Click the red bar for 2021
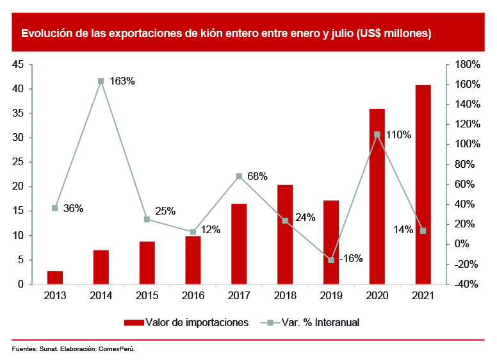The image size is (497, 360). point(423,184)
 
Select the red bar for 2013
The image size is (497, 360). point(55,277)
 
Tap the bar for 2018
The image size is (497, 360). point(285,234)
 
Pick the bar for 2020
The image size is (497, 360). point(377,196)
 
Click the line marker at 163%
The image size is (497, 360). point(101,81)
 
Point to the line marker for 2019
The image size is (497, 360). point(331,260)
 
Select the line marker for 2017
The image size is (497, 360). point(239,176)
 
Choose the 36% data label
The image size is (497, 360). point(73,208)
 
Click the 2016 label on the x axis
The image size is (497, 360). point(193,296)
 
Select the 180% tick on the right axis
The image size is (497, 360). point(466,65)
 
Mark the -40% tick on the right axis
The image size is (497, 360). point(466,284)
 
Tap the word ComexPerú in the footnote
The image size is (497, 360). point(117,349)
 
